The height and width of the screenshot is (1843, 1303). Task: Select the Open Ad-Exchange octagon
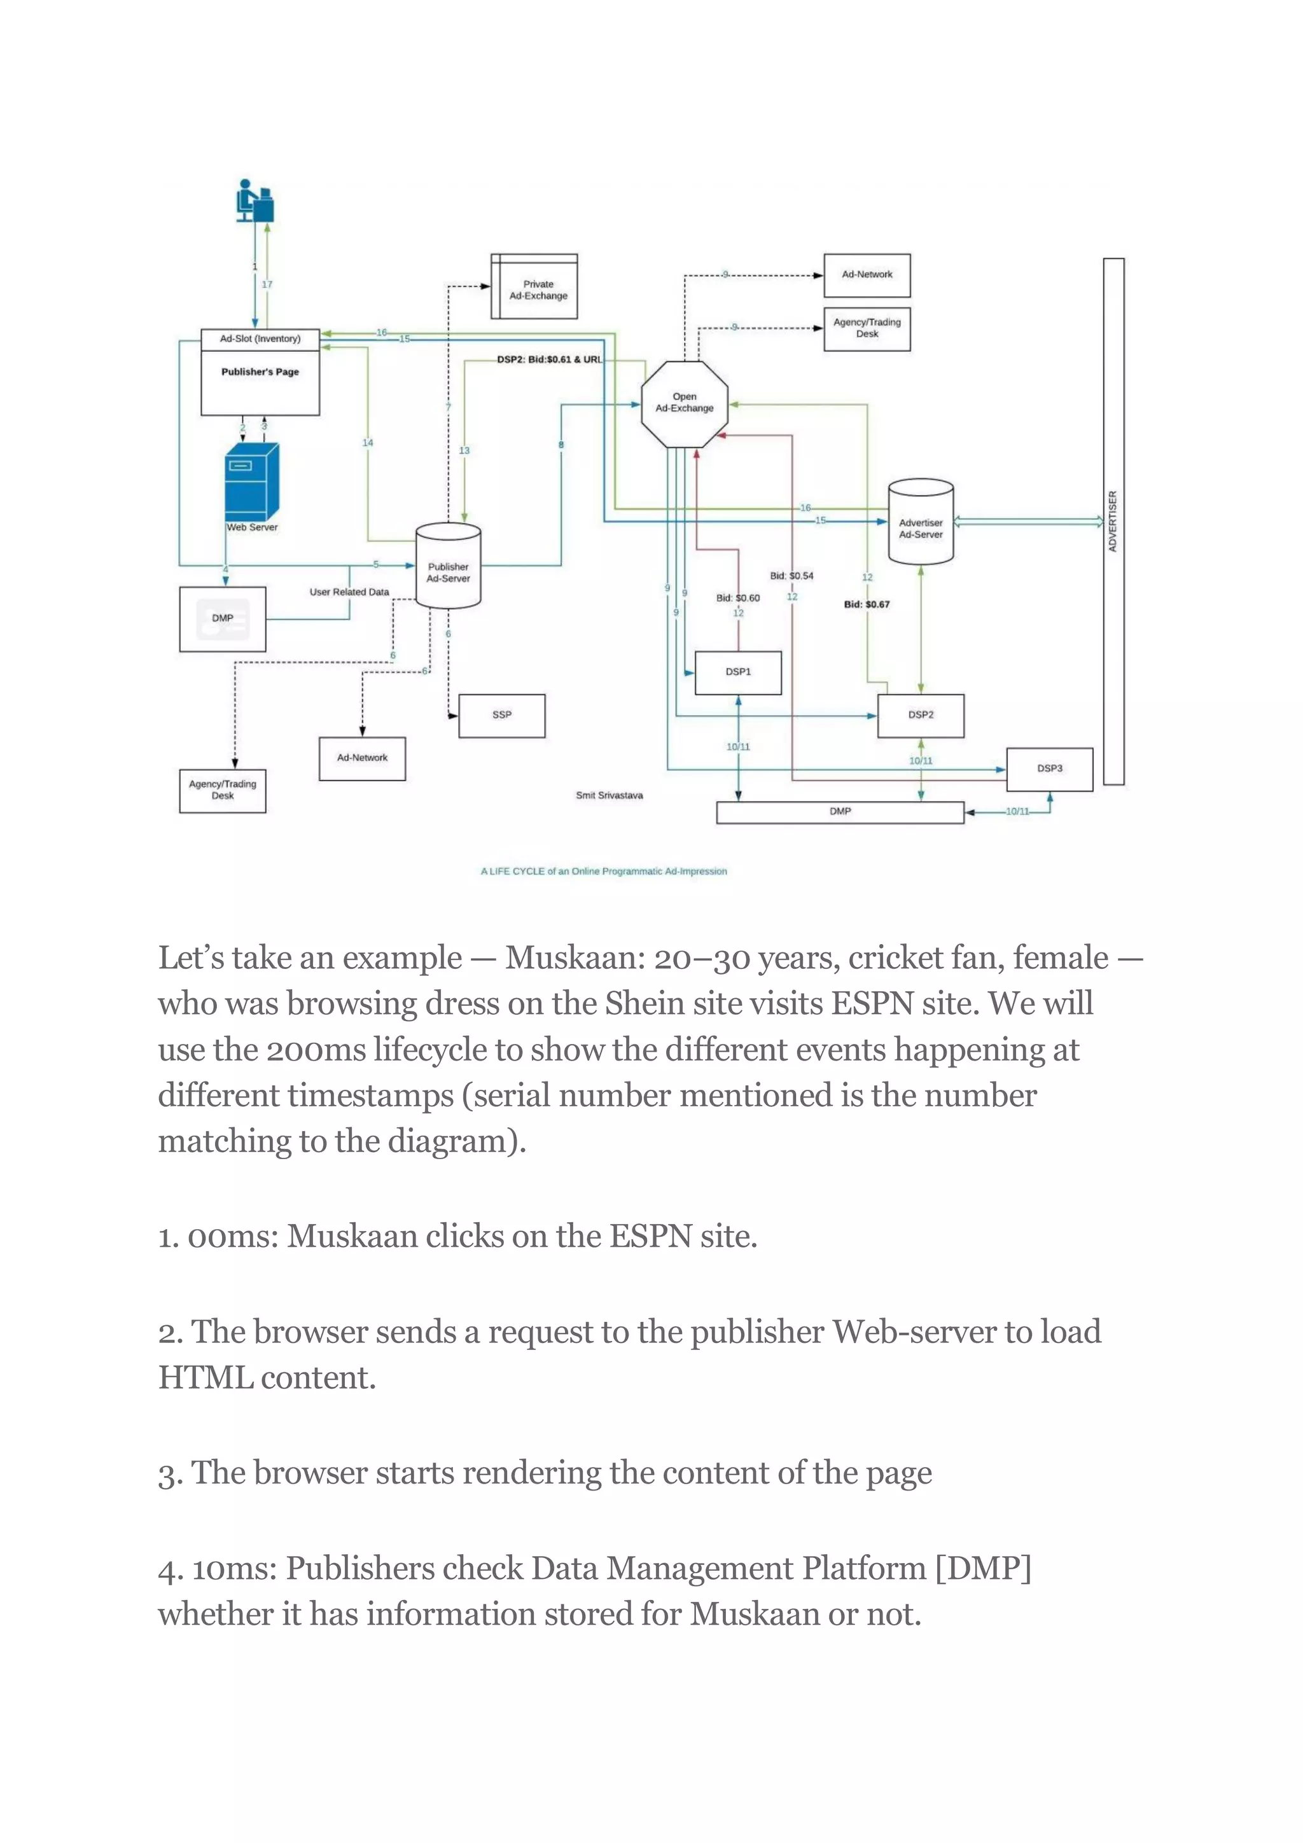coord(684,403)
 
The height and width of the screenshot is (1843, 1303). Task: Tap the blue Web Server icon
coord(251,482)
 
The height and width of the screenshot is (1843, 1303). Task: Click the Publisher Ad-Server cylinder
coord(448,567)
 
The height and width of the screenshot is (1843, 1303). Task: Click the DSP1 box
coord(738,672)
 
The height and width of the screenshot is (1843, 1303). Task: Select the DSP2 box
coord(920,715)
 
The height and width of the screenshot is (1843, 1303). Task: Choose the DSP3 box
coord(1049,769)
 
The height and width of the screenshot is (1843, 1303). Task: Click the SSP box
coord(502,715)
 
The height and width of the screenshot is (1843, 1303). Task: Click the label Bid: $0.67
coord(867,604)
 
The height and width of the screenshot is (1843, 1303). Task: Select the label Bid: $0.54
coord(791,576)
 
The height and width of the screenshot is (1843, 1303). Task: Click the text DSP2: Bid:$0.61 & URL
coord(549,359)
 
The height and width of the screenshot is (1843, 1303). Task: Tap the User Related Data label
coord(349,592)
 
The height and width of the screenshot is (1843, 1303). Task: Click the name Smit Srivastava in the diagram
coord(608,795)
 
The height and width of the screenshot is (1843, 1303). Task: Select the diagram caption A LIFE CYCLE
coord(603,871)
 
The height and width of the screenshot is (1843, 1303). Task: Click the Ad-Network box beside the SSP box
coord(362,758)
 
